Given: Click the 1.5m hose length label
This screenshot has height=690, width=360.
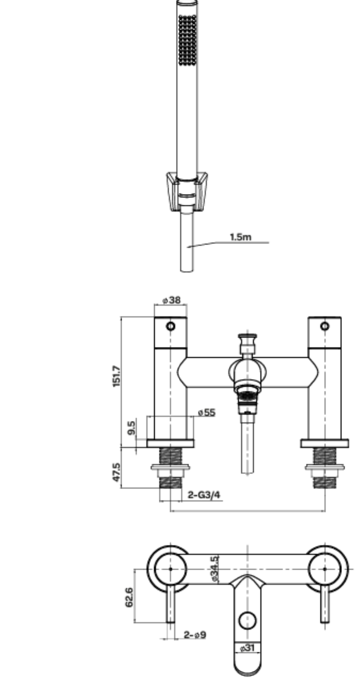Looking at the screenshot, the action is tap(241, 237).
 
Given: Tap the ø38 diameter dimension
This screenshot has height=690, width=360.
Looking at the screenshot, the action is tap(171, 300).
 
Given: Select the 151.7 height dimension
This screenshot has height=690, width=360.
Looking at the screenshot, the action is tap(117, 376).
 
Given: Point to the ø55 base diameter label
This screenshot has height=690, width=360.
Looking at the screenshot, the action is tap(207, 413).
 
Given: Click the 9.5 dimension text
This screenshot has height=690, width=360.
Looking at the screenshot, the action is tap(131, 428).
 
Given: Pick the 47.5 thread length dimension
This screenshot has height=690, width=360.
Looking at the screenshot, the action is tap(117, 472).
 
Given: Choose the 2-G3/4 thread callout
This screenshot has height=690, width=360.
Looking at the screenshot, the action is tap(204, 495).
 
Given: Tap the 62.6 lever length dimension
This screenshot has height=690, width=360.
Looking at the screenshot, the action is tap(129, 597).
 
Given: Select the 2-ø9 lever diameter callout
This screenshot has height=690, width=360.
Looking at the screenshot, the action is tap(195, 635).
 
